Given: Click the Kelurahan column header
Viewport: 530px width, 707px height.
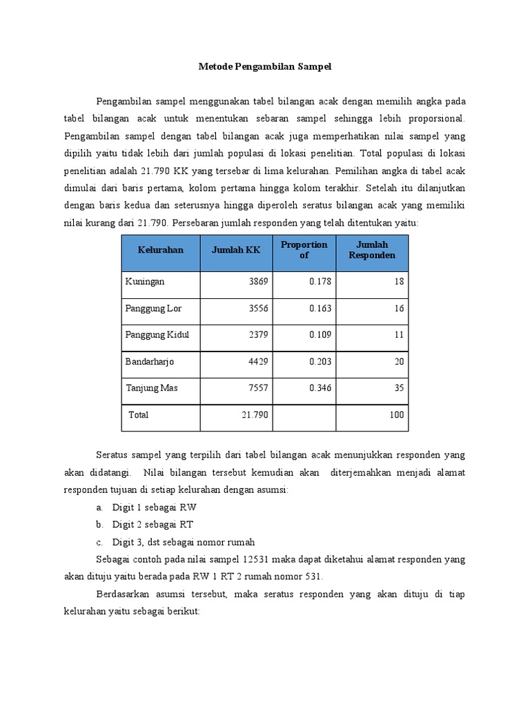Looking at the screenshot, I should point(160,250).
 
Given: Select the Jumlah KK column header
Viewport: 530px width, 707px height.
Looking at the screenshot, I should point(236,250).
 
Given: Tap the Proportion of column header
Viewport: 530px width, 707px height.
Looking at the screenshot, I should point(304,250).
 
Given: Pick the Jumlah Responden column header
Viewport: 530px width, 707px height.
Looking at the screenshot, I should point(372,250).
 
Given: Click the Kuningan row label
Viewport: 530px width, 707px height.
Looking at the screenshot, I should point(145,282).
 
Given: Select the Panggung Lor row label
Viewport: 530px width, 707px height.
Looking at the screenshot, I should point(153,309).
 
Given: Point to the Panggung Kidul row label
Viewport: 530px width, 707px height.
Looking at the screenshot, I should point(157,335).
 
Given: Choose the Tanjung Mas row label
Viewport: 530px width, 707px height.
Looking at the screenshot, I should point(151,388).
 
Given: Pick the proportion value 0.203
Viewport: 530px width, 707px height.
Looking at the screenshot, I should point(320,361).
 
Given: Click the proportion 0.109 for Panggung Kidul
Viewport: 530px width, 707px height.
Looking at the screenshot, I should point(320,335).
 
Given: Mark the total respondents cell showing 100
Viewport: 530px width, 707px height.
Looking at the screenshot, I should point(396,415).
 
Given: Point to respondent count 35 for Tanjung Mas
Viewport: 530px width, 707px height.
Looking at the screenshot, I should point(399,388).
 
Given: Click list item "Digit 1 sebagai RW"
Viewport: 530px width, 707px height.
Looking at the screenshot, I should point(155,507).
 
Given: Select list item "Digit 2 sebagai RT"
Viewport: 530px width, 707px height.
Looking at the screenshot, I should point(154,525).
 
